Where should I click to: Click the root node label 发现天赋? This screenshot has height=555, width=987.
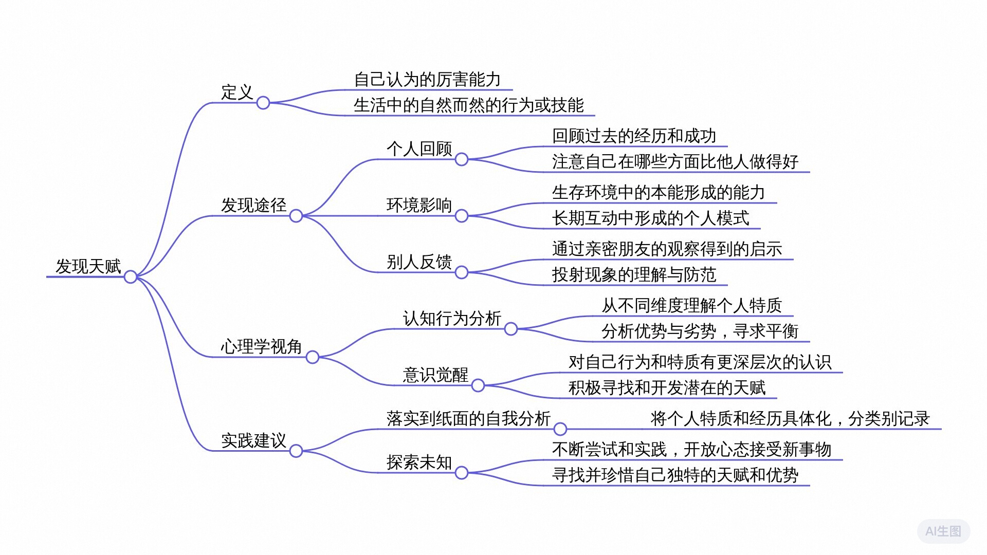[88, 266]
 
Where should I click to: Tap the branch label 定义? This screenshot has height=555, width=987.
[237, 92]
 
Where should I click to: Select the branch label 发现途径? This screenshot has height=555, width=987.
[253, 205]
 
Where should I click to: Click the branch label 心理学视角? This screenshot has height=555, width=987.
[261, 346]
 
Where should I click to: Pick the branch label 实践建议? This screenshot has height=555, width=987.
[253, 440]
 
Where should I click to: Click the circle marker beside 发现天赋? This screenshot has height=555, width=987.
[131, 277]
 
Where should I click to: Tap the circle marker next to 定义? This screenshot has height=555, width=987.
[263, 103]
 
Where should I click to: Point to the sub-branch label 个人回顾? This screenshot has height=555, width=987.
[419, 149]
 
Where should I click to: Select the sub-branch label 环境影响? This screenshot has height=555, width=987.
[419, 205]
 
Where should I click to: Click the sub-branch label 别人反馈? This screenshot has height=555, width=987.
[419, 262]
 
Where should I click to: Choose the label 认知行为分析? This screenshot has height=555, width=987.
[452, 318]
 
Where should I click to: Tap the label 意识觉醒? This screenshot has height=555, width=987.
[435, 375]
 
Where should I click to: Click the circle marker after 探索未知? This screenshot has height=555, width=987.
[462, 473]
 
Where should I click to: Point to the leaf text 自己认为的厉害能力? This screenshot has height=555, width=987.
[427, 80]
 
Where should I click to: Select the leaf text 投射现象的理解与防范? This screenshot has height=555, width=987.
[634, 274]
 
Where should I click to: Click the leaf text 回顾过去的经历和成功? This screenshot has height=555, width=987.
[634, 136]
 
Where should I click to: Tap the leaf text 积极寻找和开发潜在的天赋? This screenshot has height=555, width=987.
[667, 387]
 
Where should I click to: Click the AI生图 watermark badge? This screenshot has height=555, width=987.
[943, 531]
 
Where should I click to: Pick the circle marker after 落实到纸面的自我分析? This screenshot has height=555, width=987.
[560, 429]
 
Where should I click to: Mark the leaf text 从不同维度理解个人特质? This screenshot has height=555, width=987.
[691, 305]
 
